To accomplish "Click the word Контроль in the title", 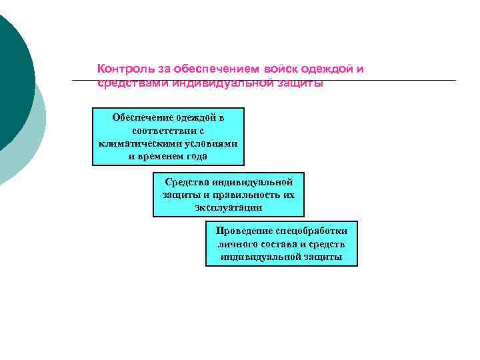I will click(x=121, y=69).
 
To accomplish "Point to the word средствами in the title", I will click(x=133, y=83).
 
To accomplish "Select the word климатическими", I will click(x=136, y=143).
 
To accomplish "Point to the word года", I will click(x=197, y=156).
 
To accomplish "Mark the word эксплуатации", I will click(x=229, y=207).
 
